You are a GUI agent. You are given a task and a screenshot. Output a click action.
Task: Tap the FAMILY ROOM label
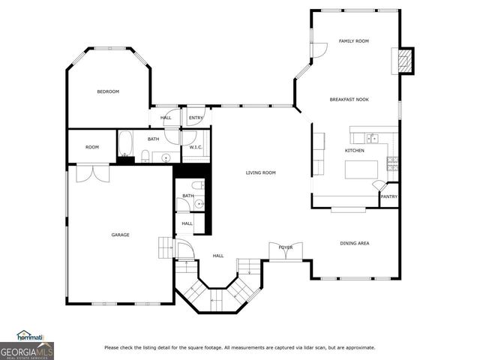[353, 41]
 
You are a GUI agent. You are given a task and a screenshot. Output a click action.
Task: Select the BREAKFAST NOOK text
[349, 100]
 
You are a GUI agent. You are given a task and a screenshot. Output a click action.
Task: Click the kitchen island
[360, 169]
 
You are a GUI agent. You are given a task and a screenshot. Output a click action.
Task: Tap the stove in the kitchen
[392, 160]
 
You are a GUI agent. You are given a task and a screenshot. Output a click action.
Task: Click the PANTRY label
[388, 196]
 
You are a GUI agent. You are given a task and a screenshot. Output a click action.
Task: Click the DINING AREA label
[354, 243]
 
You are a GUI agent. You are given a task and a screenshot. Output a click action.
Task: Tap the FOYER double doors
[286, 251]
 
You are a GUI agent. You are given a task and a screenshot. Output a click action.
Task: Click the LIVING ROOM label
[261, 173]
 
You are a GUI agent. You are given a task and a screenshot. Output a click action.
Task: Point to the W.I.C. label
[196, 147]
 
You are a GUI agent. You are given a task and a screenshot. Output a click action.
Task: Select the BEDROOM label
[108, 91]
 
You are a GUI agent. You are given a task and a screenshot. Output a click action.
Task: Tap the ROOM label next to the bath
[91, 147]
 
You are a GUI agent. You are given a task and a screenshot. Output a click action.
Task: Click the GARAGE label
[120, 235]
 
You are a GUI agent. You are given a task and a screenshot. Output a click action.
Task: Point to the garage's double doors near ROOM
[92, 172]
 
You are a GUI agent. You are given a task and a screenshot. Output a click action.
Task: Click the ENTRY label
[196, 118]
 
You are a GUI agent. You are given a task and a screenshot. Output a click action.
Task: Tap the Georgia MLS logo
[27, 346]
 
